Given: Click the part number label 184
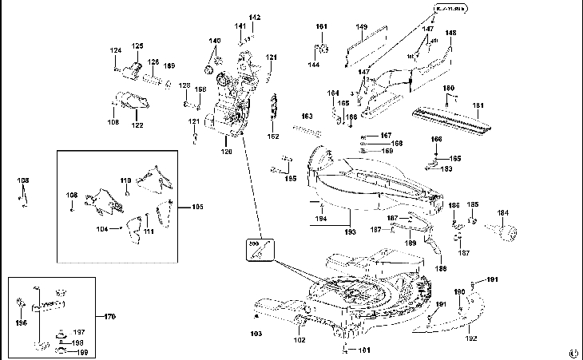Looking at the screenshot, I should coord(502,212).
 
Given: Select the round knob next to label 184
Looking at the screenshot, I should coord(505,232).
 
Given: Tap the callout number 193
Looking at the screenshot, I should coord(350,232).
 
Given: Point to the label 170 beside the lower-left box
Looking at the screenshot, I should coord(110,317).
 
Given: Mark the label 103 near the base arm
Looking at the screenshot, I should coord(256,333).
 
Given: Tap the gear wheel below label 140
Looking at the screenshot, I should coord(214,59).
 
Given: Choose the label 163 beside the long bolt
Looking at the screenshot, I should coord(307,117).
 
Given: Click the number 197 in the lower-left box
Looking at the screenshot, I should coord(79,331).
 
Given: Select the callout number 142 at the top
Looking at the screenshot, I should coord(255,18).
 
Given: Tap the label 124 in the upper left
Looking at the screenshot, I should coord(117,50).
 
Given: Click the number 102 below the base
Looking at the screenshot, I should coord(299,341).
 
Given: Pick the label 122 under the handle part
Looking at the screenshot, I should coord(137,125).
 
